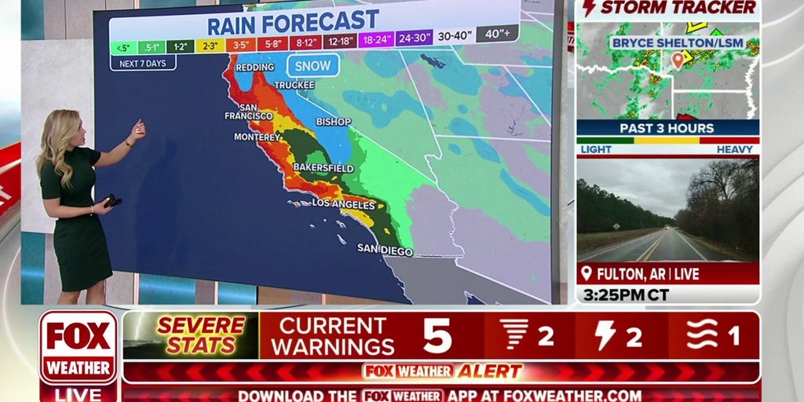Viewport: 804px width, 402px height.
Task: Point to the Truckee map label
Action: point(294,85)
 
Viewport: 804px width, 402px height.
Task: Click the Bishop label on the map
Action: point(333,122)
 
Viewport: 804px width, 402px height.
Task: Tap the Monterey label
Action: point(257,137)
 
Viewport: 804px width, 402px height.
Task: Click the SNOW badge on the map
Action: point(313,65)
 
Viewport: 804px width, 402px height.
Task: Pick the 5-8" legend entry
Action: point(273,43)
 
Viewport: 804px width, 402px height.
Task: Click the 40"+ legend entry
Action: point(498,34)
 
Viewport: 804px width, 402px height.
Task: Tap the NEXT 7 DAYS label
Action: point(142,63)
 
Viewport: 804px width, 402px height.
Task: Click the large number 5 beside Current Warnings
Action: point(437,336)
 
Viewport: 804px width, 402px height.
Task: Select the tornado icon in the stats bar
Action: point(515,336)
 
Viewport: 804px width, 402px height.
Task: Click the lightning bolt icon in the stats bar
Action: point(605,336)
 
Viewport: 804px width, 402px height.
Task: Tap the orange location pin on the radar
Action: point(678,60)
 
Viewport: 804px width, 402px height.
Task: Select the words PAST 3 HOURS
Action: point(667,128)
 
